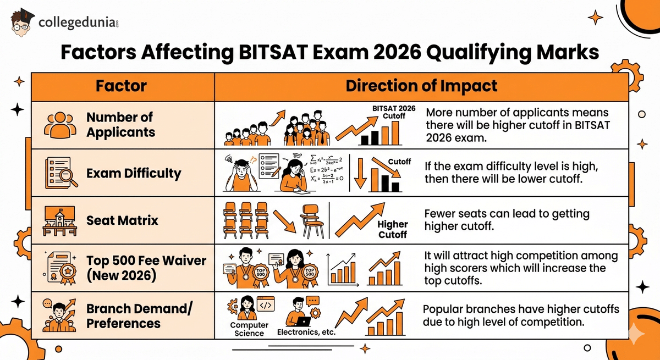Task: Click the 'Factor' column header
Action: pyautogui.click(x=122, y=86)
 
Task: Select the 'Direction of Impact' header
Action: pyautogui.click(x=421, y=86)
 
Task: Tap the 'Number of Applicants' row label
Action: pyautogui.click(x=120, y=125)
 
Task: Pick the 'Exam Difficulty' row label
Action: pyautogui.click(x=134, y=174)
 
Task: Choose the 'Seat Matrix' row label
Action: pyautogui.click(x=122, y=220)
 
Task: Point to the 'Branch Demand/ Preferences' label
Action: pyautogui.click(x=140, y=315)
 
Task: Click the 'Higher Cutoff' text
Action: pyautogui.click(x=393, y=229)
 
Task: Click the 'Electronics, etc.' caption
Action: pyautogui.click(x=306, y=332)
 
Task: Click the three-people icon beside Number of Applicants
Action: pyautogui.click(x=58, y=126)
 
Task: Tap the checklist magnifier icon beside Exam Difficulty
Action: pyautogui.click(x=58, y=173)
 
